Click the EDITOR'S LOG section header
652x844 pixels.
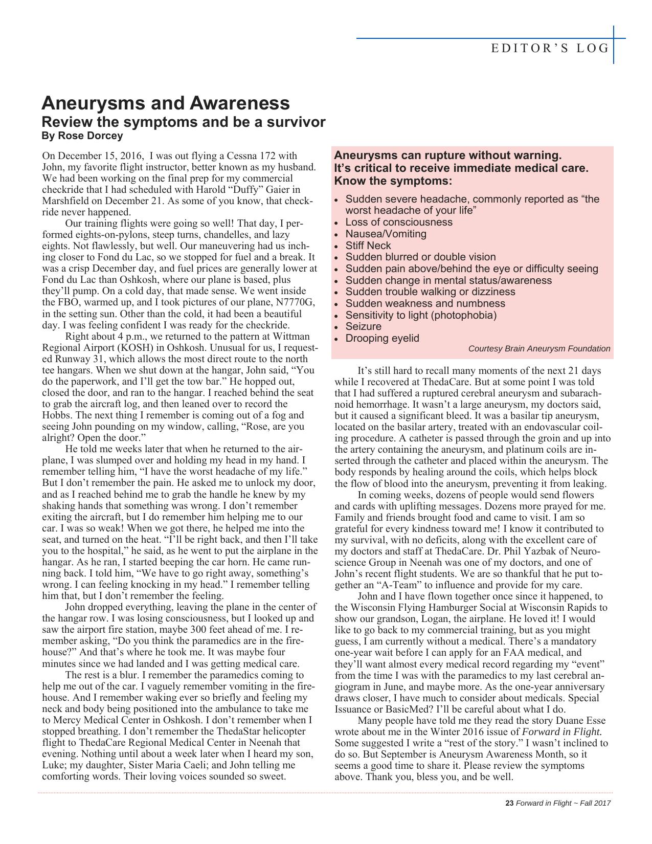pos(550,49)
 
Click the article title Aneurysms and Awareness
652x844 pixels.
pos(166,103)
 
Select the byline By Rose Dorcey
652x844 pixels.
pos(82,136)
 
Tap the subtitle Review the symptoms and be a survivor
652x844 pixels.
pos(183,122)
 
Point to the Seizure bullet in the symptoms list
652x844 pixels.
pos(363,326)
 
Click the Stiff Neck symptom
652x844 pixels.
pos(368,246)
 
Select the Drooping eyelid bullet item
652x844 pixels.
pos(382,338)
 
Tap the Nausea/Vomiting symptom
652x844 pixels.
pos(386,234)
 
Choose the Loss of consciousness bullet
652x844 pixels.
pos(399,222)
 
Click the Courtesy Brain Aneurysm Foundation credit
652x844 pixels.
pos(539,349)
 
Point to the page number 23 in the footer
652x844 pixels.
pos(509,803)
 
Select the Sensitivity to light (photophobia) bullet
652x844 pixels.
pos(421,315)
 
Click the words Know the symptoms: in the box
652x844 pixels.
pos(393,181)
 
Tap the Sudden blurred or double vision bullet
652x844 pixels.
pos(420,257)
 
